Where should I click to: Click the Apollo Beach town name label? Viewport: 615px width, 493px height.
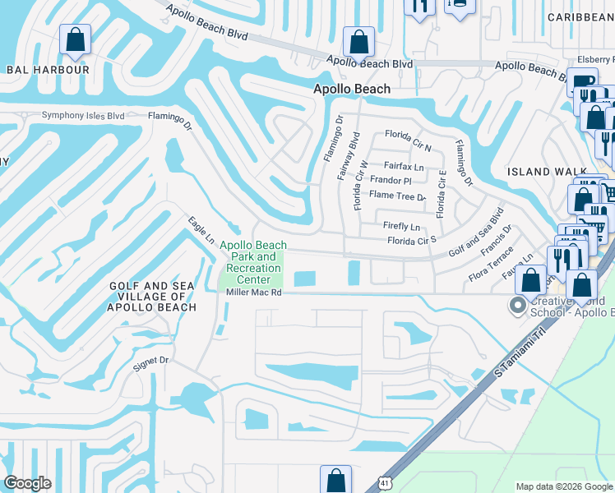point(352,89)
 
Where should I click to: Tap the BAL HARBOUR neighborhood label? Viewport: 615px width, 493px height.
point(48,70)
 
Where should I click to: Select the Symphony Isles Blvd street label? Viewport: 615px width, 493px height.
point(83,116)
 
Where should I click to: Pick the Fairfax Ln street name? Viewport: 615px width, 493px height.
point(403,166)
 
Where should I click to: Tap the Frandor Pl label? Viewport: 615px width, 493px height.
point(390,180)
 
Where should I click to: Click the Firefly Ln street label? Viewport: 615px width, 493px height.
point(401,227)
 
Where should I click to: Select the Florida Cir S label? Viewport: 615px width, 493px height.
point(411,242)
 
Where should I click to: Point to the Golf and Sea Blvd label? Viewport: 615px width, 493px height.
point(476,233)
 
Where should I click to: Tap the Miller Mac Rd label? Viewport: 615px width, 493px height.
point(254,293)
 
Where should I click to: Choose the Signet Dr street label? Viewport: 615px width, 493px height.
point(151,360)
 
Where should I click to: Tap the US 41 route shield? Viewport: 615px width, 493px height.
point(384,482)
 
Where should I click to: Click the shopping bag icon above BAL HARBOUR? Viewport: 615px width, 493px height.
point(76,39)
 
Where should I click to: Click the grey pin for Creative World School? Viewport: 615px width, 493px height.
point(517,306)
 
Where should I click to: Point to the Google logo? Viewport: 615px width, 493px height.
point(28,483)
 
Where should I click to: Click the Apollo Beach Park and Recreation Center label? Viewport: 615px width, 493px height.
point(253,262)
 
